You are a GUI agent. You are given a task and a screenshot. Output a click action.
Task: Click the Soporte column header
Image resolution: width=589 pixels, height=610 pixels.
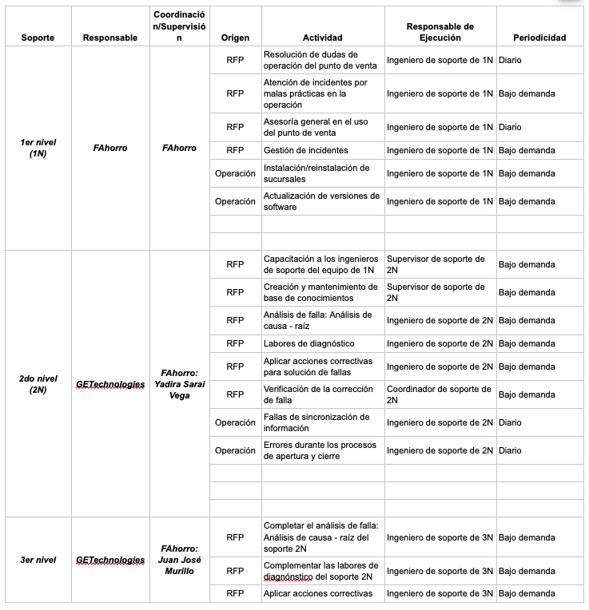pyautogui.click(x=38, y=38)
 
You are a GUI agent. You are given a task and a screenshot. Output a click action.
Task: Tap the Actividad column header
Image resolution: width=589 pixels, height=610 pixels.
pyautogui.click(x=322, y=38)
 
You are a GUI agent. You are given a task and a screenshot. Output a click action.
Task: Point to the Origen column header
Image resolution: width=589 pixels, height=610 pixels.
pyautogui.click(x=235, y=38)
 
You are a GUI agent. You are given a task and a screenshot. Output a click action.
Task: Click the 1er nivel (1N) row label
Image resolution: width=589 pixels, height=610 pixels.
pyautogui.click(x=38, y=148)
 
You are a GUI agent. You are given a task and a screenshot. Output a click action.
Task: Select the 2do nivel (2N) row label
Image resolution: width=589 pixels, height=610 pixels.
pyautogui.click(x=38, y=384)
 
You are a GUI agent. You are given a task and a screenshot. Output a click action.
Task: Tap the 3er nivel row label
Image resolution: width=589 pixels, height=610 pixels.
pyautogui.click(x=38, y=560)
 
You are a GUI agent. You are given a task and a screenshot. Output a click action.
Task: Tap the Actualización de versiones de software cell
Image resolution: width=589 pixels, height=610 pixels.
pyautogui.click(x=321, y=201)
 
